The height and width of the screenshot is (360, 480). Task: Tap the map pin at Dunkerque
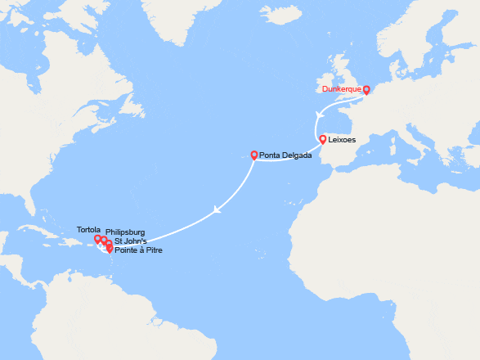click(366, 90)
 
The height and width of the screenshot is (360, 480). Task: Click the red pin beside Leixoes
click(323, 139)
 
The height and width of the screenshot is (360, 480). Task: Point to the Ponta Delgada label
click(285, 155)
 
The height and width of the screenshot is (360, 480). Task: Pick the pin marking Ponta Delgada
click(253, 155)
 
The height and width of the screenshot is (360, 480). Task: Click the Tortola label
click(87, 230)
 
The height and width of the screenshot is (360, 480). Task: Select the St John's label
click(131, 241)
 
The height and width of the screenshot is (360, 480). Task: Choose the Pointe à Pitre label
click(138, 250)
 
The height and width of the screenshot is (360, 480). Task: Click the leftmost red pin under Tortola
click(97, 240)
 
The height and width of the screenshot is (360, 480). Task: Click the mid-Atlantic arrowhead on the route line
click(216, 209)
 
